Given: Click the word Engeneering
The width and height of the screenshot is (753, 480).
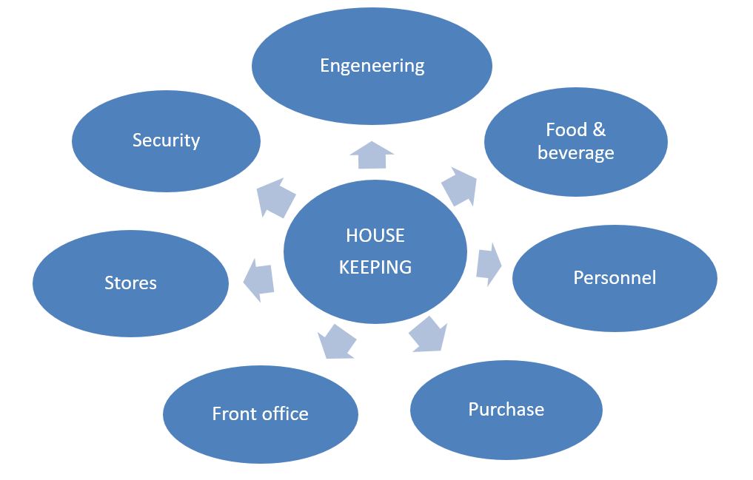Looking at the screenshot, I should coord(372,66).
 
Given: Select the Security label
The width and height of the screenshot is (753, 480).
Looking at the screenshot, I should coord(166,140).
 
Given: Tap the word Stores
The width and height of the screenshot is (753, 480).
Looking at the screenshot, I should coord(130,283).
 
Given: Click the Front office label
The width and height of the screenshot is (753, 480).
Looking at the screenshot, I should coord(260,413).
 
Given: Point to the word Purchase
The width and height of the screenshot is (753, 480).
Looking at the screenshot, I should coord(506,409).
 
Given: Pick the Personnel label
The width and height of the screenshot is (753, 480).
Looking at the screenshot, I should coord(615,277).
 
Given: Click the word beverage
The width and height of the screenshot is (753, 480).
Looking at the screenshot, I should coord(575,153).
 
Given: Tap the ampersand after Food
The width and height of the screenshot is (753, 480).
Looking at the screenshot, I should coord(598,130).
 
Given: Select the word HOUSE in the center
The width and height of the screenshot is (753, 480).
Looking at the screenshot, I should coord(375,236).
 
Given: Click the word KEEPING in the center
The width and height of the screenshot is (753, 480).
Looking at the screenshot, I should coord(375,267).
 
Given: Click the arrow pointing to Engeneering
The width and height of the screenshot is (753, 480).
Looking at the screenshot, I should coord(372,155).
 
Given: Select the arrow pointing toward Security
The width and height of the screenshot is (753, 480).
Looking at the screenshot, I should coord(275,198).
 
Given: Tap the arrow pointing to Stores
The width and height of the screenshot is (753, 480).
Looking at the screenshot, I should coord(259,280).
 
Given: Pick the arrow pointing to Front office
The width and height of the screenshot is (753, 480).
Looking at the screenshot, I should coord(335,342).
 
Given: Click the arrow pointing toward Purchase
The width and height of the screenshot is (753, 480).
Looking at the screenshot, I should coord(429,334).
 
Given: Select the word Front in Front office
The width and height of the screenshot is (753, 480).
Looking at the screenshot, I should coord(233,413).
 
